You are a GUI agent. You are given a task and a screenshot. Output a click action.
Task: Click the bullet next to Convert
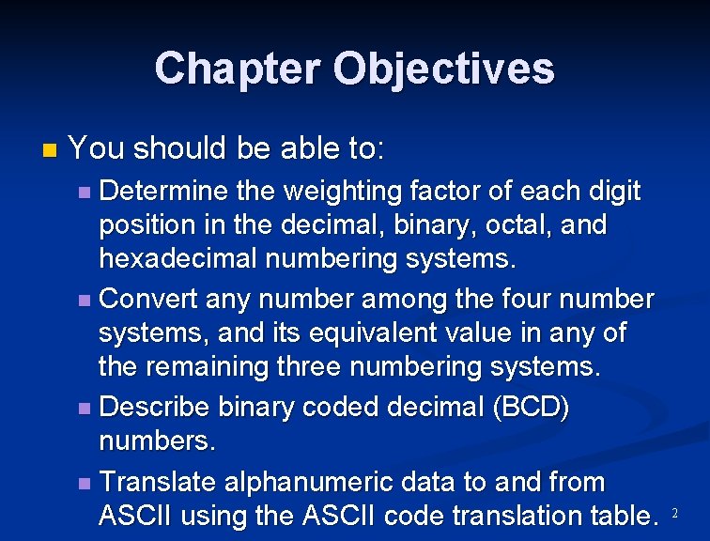click(x=85, y=301)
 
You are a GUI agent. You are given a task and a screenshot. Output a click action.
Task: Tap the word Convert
click(x=150, y=300)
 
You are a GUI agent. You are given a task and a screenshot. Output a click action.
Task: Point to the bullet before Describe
click(x=85, y=409)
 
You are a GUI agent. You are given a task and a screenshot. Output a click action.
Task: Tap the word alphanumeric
click(x=321, y=482)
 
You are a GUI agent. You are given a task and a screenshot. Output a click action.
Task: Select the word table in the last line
click(x=616, y=516)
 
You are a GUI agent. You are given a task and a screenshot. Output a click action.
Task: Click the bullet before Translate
click(x=85, y=483)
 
